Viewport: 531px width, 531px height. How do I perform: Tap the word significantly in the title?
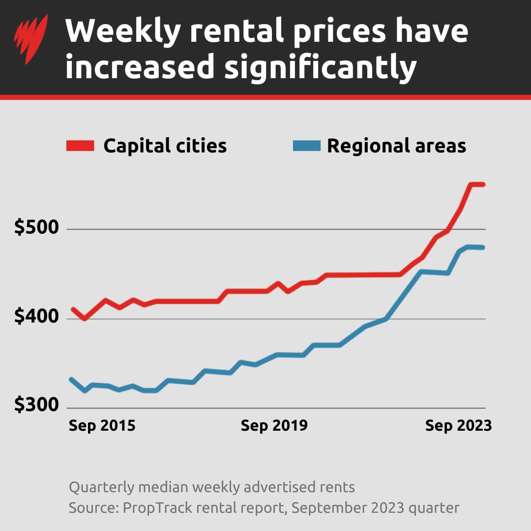321,68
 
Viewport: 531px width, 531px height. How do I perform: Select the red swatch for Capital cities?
80,146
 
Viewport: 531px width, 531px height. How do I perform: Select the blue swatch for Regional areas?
306,146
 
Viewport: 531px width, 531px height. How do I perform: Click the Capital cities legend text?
165,146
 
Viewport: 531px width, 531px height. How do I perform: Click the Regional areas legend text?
396,146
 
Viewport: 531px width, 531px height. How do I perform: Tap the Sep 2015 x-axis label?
102,425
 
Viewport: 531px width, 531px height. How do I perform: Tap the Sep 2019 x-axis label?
274,425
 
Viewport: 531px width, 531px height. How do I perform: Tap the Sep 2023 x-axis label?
458,425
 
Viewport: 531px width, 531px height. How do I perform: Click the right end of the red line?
483,184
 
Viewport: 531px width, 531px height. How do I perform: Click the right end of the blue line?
483,247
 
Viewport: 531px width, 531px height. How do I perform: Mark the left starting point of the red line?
73,309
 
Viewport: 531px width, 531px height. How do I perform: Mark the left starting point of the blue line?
72,380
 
